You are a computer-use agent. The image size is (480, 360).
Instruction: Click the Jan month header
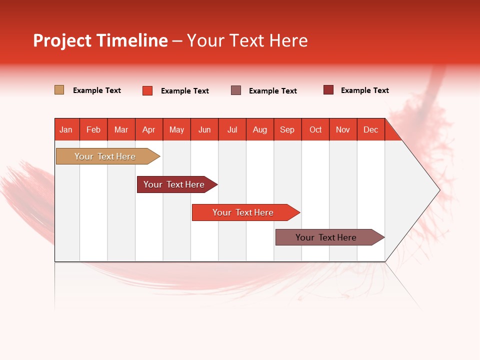[66, 129]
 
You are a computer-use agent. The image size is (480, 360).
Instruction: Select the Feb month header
[93, 129]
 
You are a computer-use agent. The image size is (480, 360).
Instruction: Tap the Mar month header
[121, 129]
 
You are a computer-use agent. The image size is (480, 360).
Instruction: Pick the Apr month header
[149, 129]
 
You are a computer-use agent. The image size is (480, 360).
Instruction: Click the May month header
[176, 129]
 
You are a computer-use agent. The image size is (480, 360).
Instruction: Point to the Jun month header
[204, 129]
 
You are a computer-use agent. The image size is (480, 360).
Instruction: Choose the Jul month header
[232, 129]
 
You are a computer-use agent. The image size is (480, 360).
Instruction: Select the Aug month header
[260, 129]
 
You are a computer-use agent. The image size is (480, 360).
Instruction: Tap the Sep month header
[287, 129]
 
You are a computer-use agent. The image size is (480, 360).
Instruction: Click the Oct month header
[315, 129]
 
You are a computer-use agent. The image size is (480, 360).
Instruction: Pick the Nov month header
[343, 129]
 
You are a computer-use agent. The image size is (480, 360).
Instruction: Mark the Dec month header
[371, 129]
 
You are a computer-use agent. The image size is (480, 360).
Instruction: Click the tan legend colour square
[59, 90]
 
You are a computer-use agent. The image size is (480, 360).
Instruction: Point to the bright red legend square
[147, 90]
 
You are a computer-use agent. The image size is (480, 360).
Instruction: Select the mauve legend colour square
[236, 90]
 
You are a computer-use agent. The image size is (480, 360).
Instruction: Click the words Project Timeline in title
[100, 40]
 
